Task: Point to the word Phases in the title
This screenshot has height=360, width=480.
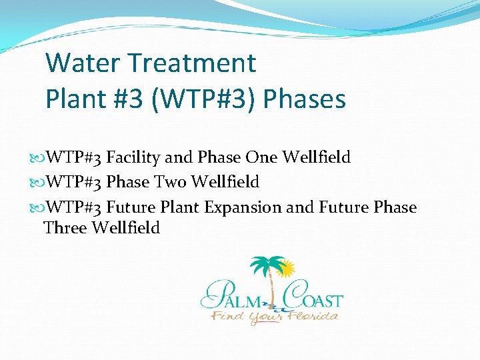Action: pyautogui.click(x=305, y=99)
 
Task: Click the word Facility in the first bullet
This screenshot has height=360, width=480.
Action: pyautogui.click(x=133, y=158)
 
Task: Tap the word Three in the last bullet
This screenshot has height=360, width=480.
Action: pyautogui.click(x=65, y=228)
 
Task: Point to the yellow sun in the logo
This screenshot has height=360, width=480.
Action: pyautogui.click(x=286, y=269)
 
